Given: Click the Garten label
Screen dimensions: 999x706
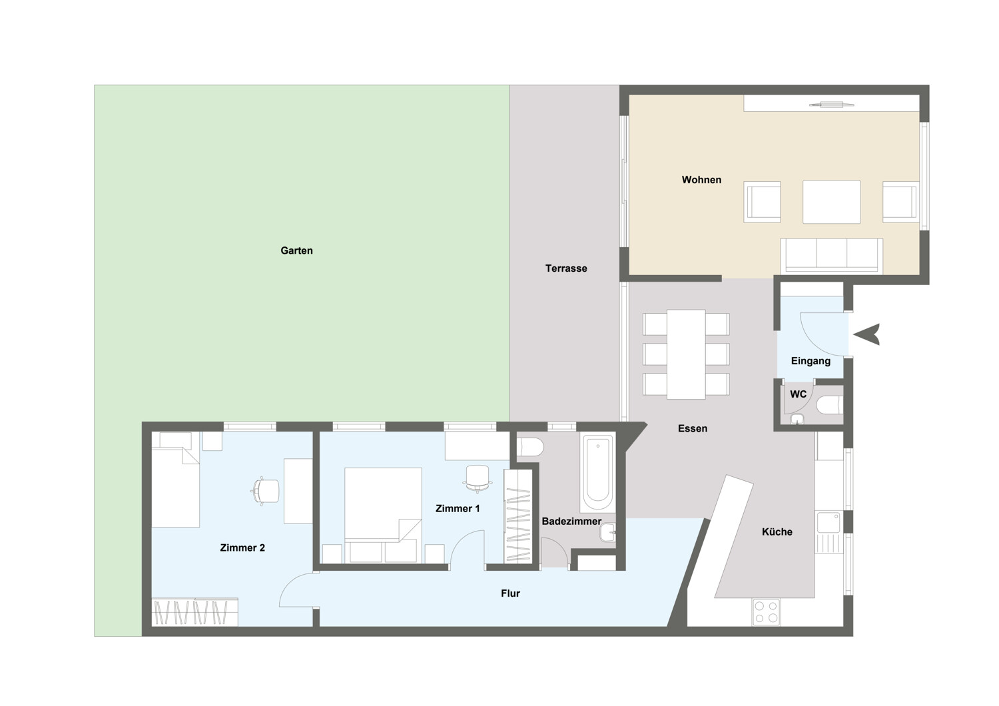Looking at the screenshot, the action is tap(296, 250).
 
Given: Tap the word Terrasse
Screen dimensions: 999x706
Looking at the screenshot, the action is tap(566, 268).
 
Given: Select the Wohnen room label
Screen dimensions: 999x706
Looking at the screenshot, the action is tap(701, 180).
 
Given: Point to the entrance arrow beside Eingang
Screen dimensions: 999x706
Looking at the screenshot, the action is tap(866, 334).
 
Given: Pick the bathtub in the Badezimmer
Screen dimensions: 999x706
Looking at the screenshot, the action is tap(597, 474).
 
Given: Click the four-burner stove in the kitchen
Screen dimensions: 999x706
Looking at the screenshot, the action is tap(766, 612).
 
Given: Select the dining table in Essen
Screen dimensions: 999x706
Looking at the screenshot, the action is tap(686, 354).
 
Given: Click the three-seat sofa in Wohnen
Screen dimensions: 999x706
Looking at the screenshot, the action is tap(831, 255).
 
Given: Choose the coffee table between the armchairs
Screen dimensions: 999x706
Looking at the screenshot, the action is tap(831, 202).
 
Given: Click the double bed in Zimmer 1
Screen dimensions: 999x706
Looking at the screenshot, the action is tap(383, 515).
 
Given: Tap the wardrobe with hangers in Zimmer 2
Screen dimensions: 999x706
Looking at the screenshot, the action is tap(195, 612).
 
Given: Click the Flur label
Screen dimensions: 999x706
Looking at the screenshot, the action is tap(510, 593).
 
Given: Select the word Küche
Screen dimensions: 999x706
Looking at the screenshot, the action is tap(777, 531).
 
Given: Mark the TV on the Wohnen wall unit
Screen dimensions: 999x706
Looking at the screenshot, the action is tap(831, 105).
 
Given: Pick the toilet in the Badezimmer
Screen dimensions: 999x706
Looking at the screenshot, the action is tap(530, 447).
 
